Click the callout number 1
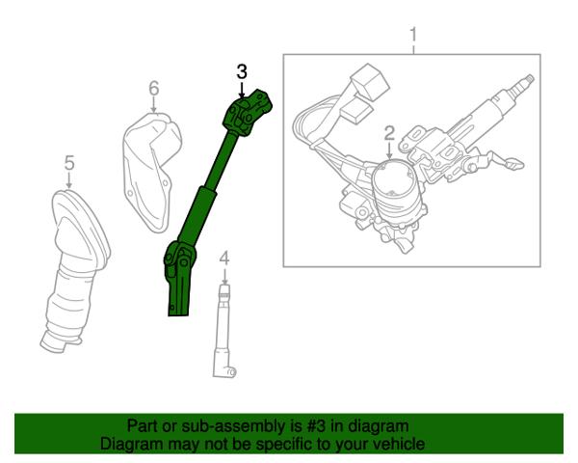[413, 35]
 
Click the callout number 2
[389, 134]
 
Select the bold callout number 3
[242, 71]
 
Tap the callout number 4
[224, 259]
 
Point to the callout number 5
[69, 162]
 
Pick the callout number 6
[154, 88]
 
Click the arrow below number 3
[242, 91]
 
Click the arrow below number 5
[69, 180]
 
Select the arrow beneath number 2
[389, 151]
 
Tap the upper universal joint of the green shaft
[248, 112]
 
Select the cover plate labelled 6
[152, 171]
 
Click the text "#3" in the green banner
[316, 426]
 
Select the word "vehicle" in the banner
[401, 444]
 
